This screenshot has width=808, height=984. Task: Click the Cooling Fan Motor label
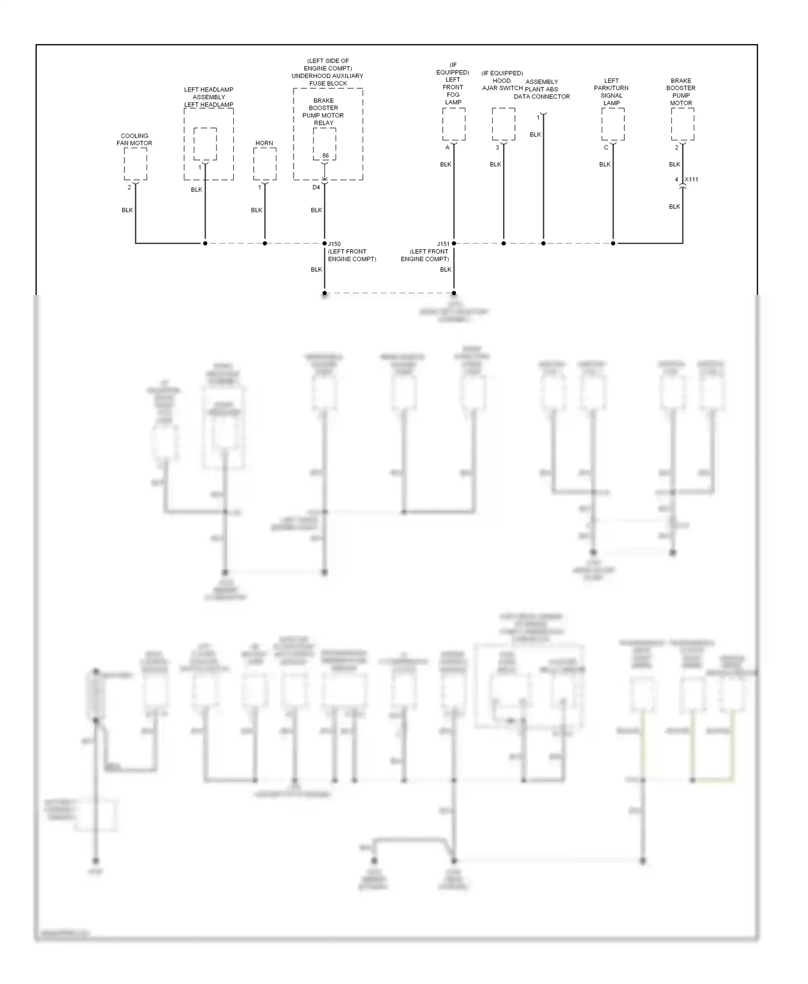point(135,139)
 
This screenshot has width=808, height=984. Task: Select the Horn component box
point(264,164)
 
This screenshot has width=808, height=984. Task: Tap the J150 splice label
point(335,244)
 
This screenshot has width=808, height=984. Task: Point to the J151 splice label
point(443,244)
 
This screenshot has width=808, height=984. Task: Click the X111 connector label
point(691,180)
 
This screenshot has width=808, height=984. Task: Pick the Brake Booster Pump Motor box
point(682,124)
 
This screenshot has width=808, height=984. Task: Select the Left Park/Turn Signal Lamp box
point(613,124)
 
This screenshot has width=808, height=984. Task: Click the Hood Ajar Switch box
point(504,124)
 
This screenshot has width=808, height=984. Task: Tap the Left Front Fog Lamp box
point(454,124)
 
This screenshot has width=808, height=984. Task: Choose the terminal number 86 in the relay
point(325,156)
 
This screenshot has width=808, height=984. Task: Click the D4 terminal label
point(316,187)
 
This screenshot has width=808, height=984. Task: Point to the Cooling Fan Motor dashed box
point(135,164)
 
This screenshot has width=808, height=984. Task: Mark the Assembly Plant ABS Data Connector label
point(541,89)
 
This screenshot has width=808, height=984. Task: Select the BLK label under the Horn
point(256,210)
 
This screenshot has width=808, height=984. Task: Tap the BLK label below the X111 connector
point(674,207)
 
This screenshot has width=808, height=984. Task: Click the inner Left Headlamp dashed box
point(205,144)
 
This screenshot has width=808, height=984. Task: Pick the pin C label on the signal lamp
point(606,147)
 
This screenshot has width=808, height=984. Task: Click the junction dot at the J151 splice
point(454,243)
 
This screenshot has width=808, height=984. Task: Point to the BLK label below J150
point(316,270)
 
